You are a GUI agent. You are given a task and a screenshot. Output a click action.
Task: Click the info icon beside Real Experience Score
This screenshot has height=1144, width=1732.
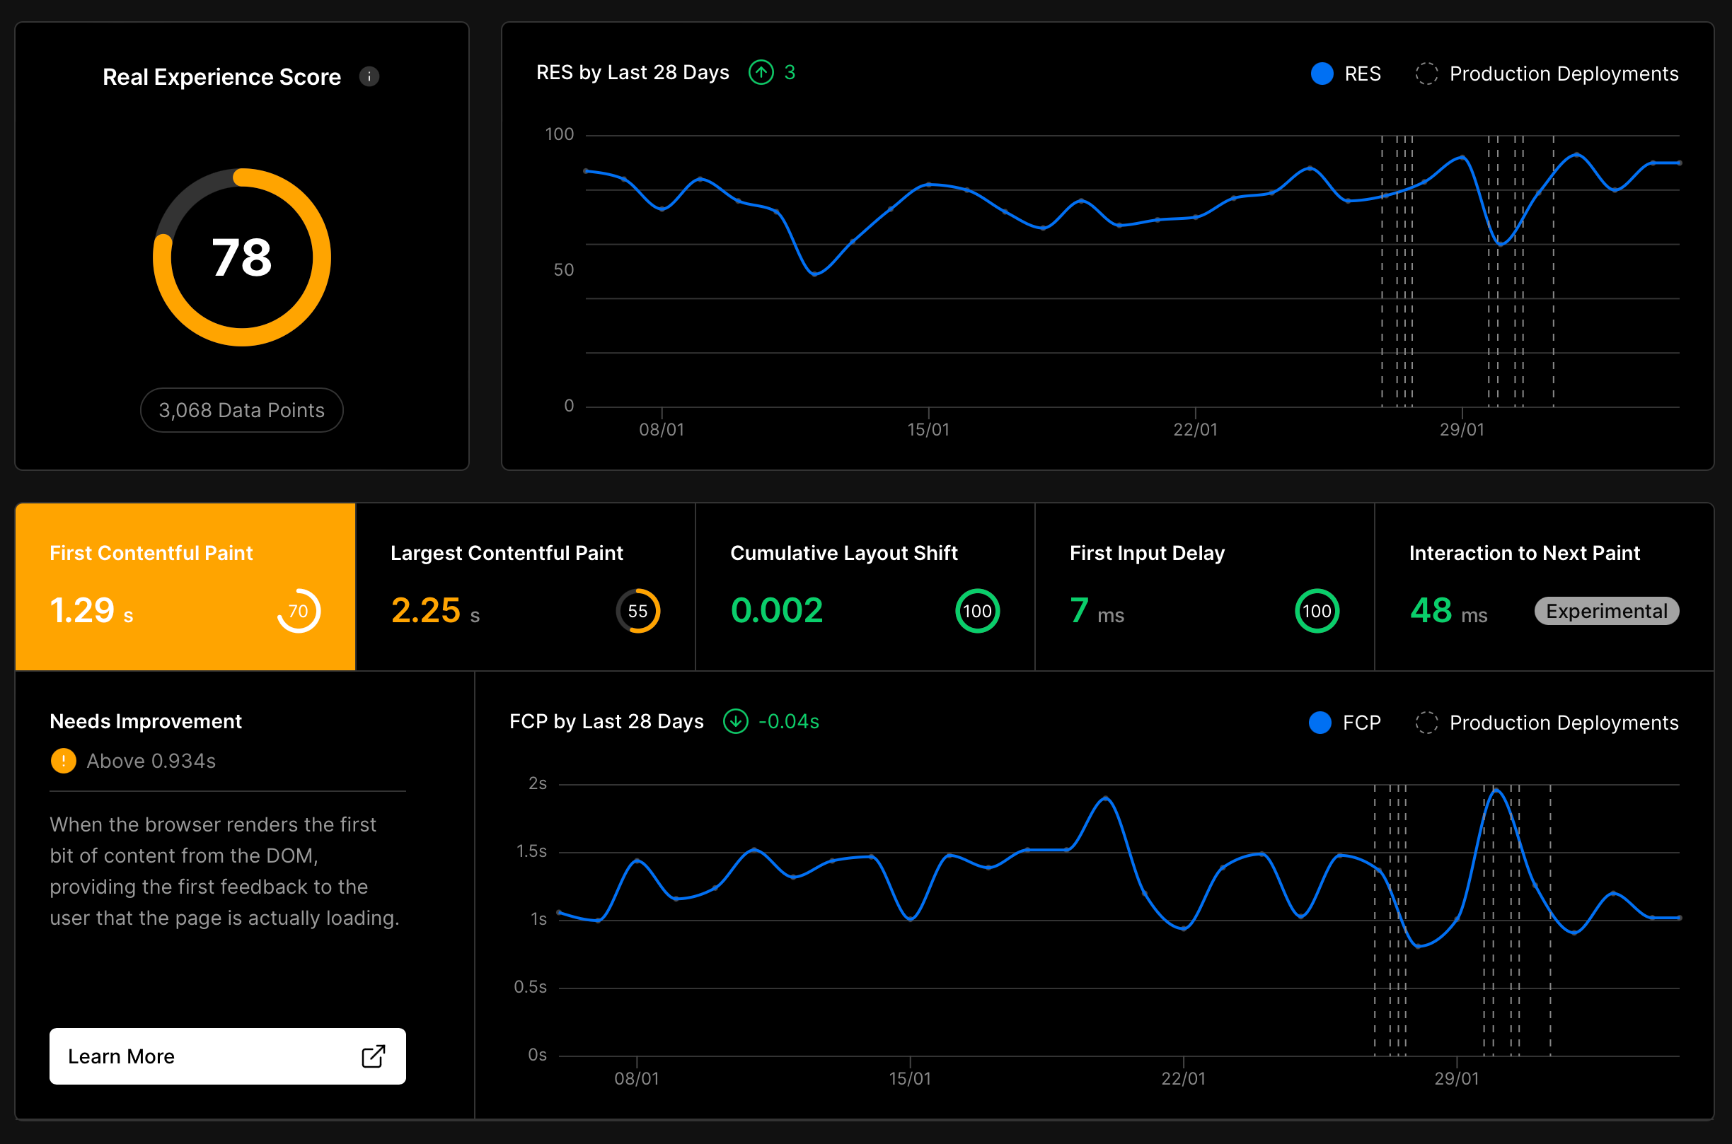coord(369,76)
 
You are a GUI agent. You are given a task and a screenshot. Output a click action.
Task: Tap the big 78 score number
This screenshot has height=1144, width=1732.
coord(241,257)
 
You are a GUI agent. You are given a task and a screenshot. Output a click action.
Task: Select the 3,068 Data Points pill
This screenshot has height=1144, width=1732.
coord(241,410)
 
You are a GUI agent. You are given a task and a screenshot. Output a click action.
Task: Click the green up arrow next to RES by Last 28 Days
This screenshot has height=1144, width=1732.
coord(761,72)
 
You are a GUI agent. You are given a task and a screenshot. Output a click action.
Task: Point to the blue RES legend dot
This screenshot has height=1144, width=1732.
coord(1322,74)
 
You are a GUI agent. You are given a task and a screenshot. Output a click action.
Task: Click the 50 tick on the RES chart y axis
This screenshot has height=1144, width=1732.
coord(563,270)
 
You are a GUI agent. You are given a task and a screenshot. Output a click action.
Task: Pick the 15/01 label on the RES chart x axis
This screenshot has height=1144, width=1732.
coord(928,430)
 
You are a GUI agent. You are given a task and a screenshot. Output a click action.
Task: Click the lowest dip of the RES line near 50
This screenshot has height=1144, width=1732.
coord(814,274)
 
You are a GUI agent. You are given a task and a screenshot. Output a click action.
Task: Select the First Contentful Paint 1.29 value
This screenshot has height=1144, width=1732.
coord(82,611)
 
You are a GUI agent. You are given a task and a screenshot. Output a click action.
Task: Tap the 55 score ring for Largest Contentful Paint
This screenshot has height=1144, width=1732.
coord(638,612)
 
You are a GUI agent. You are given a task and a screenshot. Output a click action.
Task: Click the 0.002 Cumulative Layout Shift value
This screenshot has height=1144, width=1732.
coord(777,611)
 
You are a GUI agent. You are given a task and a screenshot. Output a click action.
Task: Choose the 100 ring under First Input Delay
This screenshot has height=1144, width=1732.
coord(1317,612)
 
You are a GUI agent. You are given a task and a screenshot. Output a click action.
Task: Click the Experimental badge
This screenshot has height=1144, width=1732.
coord(1607,612)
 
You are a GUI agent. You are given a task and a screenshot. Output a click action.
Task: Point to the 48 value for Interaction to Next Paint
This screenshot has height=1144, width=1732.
coord(1431,611)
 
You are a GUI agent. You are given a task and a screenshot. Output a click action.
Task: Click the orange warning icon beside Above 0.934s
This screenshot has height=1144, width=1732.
coord(64,761)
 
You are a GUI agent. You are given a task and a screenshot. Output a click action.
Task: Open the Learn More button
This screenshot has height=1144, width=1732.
coord(228,1056)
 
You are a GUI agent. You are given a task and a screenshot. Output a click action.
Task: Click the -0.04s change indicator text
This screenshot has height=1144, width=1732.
coord(789,722)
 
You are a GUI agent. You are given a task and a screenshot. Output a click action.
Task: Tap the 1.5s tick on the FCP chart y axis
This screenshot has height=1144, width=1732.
coord(531,851)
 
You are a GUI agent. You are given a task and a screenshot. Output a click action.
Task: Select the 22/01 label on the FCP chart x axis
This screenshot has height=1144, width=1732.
coord(1183,1078)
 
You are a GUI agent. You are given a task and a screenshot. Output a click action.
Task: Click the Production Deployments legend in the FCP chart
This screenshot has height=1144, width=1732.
coord(1563,723)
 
